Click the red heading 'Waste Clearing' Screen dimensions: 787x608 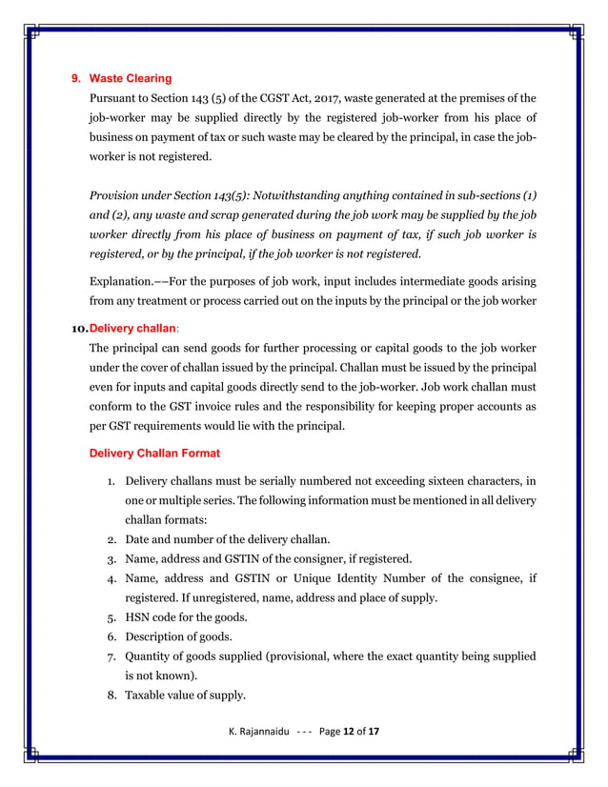(130, 78)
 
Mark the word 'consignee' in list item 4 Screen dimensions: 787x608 (486, 578)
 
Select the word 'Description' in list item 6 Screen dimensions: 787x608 (159, 636)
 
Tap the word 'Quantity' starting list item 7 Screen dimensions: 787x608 (150, 656)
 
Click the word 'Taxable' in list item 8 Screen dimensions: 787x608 (148, 695)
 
